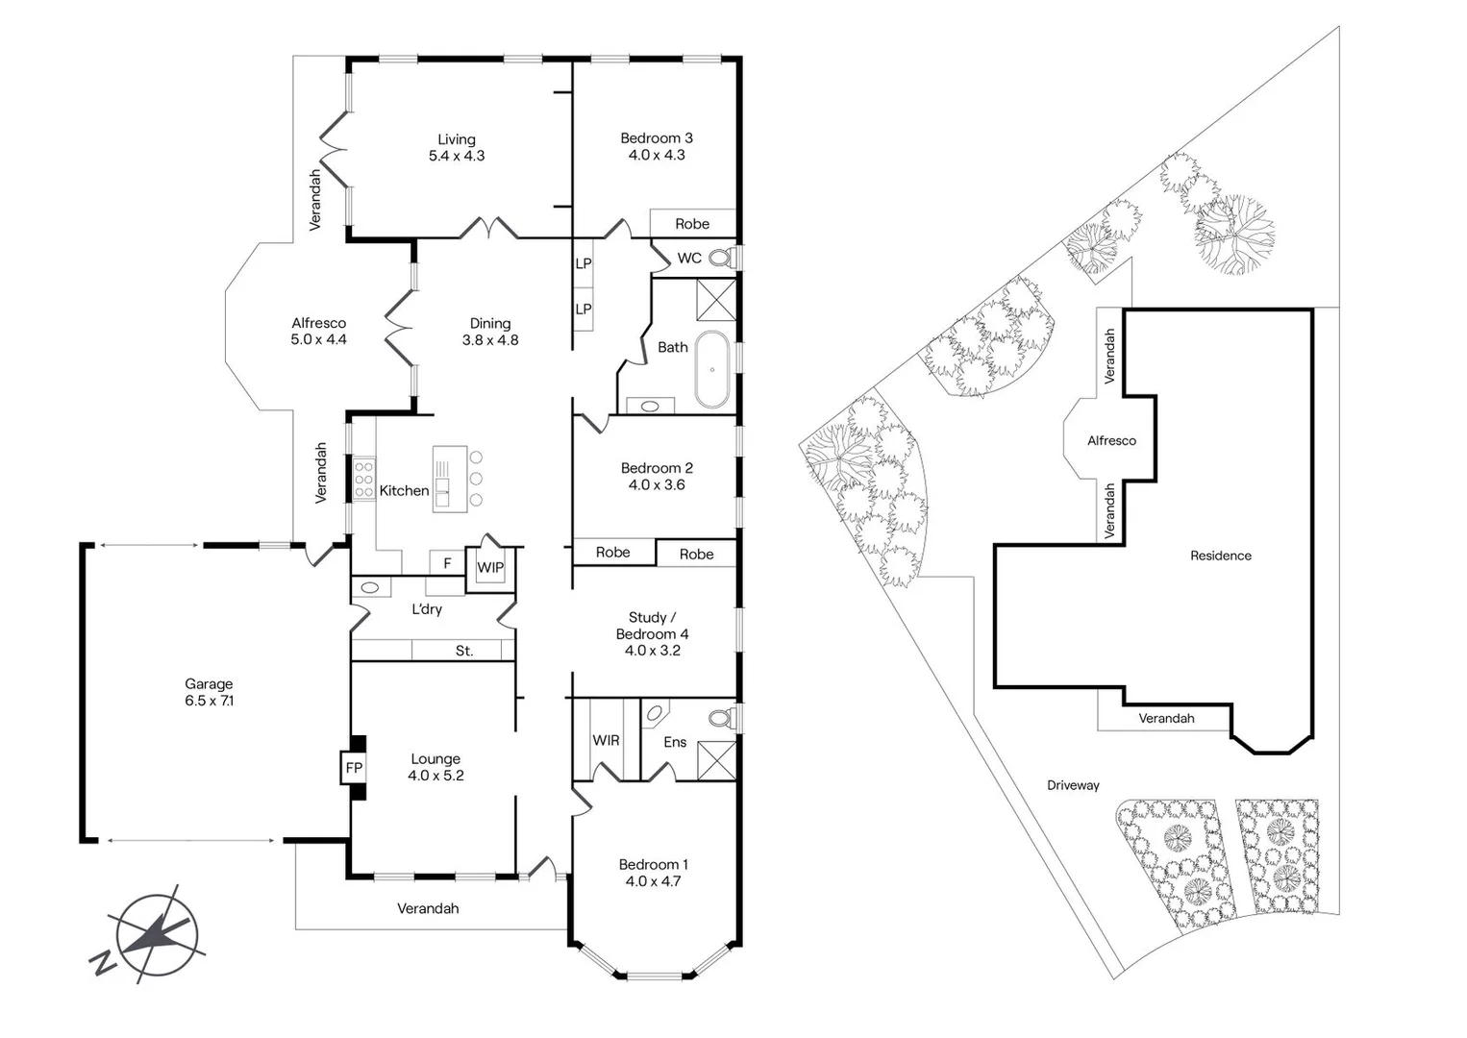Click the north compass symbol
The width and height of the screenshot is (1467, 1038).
156,933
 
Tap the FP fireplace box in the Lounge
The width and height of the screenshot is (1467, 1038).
354,767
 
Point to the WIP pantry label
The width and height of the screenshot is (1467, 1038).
490,567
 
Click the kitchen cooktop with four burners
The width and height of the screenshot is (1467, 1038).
364,479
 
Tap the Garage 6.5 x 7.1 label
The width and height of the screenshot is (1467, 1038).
209,692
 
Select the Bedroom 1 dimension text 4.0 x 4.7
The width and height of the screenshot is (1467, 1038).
653,880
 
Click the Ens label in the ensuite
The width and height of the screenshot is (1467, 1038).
675,741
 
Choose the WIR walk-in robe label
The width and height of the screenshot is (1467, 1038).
606,740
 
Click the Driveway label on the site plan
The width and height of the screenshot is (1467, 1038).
1073,785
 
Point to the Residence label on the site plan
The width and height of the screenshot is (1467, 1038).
1220,556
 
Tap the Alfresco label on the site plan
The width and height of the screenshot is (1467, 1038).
1111,441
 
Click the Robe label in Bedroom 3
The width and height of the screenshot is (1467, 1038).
691,224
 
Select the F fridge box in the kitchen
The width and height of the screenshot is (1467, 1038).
447,563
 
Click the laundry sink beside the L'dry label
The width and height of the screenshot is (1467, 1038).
369,587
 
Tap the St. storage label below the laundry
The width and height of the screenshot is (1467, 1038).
464,651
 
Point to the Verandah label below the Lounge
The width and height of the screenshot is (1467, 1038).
428,908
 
